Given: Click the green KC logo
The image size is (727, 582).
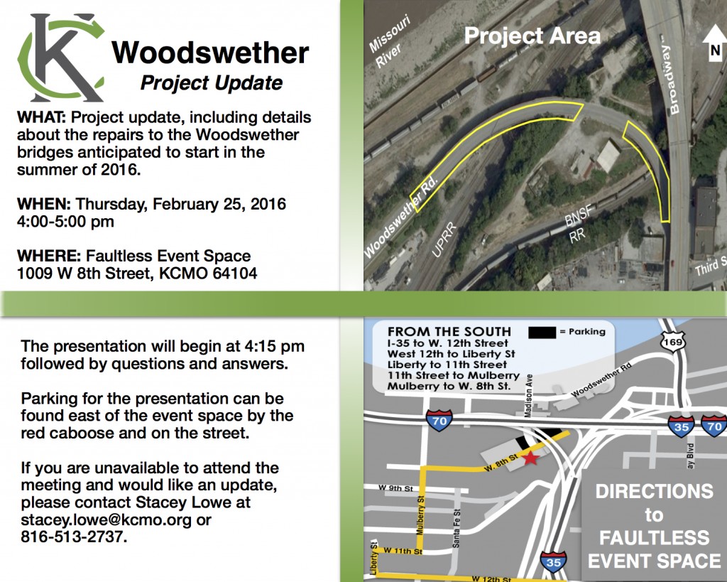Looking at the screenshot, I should click(60, 57).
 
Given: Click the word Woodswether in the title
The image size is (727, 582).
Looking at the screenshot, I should click(210, 53).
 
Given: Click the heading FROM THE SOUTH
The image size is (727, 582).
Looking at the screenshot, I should click(449, 332).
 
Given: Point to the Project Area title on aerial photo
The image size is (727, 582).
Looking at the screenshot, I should click(532, 36).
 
